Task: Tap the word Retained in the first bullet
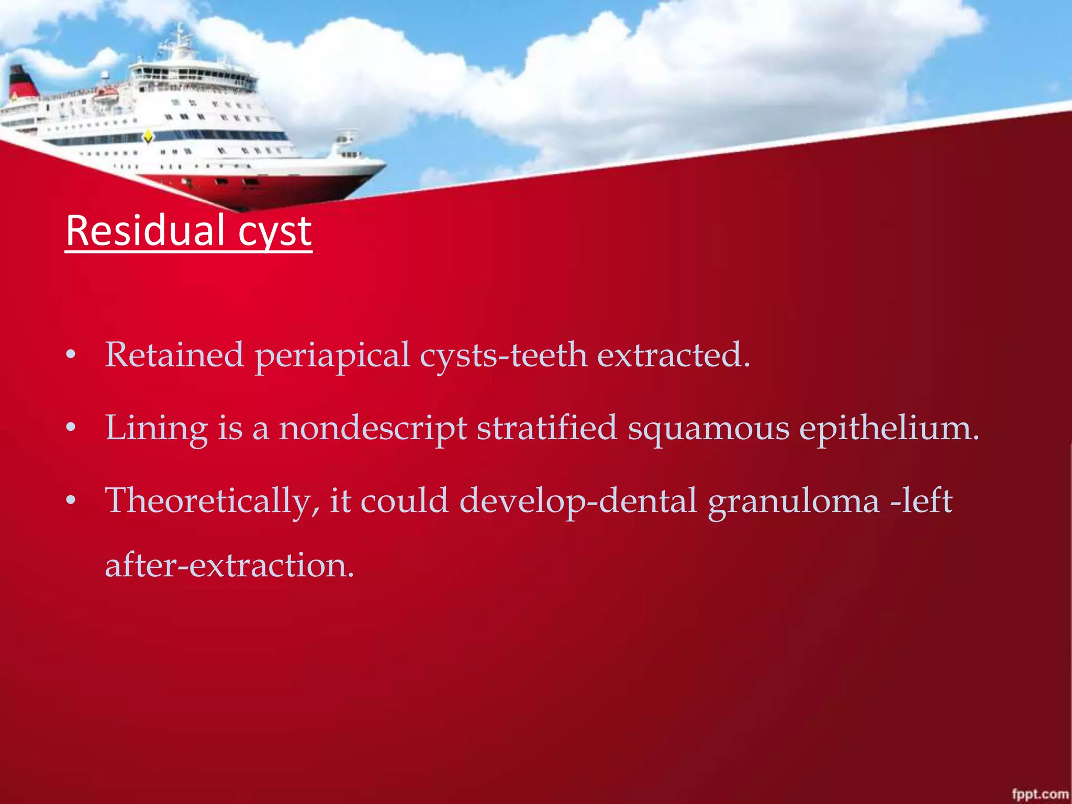(x=174, y=355)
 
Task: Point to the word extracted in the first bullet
(x=673, y=355)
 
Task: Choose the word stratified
(x=547, y=428)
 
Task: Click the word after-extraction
(x=229, y=566)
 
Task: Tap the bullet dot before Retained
(x=71, y=356)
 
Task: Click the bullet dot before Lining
(x=71, y=429)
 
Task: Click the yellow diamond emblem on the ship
(x=148, y=137)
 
